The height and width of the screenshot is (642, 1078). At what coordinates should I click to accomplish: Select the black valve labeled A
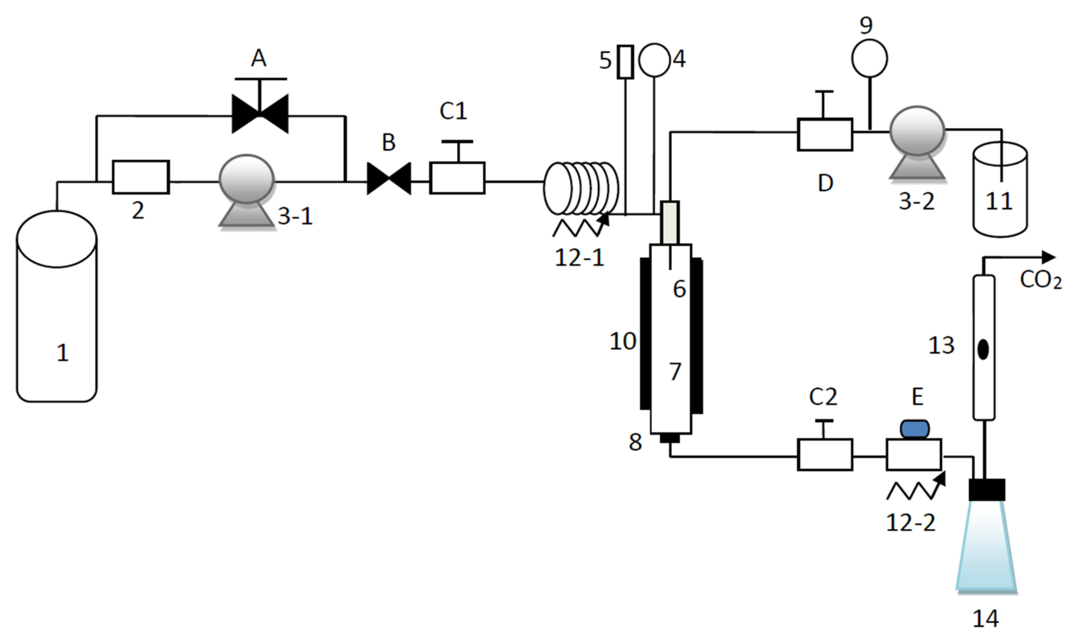click(260, 114)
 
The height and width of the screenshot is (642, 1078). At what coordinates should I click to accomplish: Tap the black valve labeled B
click(388, 178)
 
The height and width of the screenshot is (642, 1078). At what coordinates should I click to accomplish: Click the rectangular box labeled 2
click(141, 177)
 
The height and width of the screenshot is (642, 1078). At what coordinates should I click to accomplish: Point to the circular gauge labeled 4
click(654, 60)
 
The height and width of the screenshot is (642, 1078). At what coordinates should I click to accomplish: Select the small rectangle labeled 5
click(625, 62)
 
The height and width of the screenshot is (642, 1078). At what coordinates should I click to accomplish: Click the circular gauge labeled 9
click(870, 58)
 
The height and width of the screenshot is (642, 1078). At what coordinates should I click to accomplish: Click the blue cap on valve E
click(915, 429)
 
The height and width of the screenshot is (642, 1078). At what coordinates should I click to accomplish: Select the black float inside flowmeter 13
click(983, 349)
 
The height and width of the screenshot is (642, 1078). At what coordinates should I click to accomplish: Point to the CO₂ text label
click(1040, 280)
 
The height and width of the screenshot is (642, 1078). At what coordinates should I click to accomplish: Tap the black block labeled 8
click(670, 439)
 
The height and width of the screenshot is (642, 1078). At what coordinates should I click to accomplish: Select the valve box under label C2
click(824, 455)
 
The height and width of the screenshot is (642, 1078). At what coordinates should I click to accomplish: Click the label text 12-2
click(911, 522)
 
